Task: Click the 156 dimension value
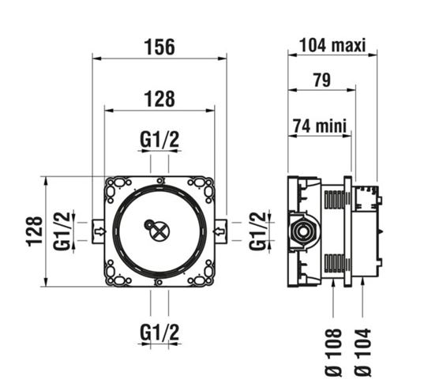(159, 47)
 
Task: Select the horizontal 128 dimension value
(159, 99)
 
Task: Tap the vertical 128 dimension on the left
(36, 231)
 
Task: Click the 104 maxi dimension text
(332, 45)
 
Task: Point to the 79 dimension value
(322, 80)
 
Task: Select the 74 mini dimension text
(320, 126)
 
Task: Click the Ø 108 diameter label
(333, 352)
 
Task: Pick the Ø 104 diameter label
(363, 352)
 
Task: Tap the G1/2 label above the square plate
(159, 140)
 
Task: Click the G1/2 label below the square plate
(159, 333)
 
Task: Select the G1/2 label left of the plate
(62, 231)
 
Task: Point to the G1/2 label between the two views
(257, 231)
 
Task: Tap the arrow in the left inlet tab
(100, 231)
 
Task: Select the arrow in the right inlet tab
(219, 231)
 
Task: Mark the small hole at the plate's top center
(159, 180)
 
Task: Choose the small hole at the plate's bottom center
(159, 283)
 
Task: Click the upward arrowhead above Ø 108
(333, 284)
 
